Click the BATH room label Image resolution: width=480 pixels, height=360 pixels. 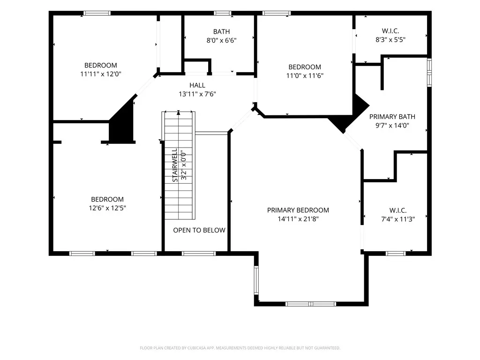pyautogui.click(x=221, y=31)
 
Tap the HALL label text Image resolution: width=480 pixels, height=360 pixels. pyautogui.click(x=197, y=85)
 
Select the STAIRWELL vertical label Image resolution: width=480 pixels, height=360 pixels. pyautogui.click(x=175, y=165)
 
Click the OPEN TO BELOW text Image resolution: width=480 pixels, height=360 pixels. pyautogui.click(x=199, y=230)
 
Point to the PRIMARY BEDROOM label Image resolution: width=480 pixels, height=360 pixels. pyautogui.click(x=298, y=210)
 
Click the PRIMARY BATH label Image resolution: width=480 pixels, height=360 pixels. pyautogui.click(x=392, y=117)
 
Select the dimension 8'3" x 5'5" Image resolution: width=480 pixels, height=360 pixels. pyautogui.click(x=390, y=39)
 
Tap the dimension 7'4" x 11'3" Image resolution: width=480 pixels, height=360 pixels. pyautogui.click(x=398, y=219)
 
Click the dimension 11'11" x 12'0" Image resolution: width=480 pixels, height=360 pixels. pyautogui.click(x=101, y=74)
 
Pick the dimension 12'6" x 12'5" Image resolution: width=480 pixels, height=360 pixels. pyautogui.click(x=107, y=208)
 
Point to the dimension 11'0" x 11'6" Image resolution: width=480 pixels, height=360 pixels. pyautogui.click(x=305, y=75)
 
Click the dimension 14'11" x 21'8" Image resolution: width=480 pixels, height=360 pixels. pyautogui.click(x=298, y=219)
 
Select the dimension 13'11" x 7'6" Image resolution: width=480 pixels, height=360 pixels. pyautogui.click(x=197, y=94)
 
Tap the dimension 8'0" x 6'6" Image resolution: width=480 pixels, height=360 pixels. pyautogui.click(x=222, y=40)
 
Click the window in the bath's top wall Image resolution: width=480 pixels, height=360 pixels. pyautogui.click(x=223, y=13)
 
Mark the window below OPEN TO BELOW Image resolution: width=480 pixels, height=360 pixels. pyautogui.click(x=199, y=254)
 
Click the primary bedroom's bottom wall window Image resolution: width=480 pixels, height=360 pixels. pyautogui.click(x=311, y=304)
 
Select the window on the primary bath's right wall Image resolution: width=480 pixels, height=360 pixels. pyautogui.click(x=429, y=73)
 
